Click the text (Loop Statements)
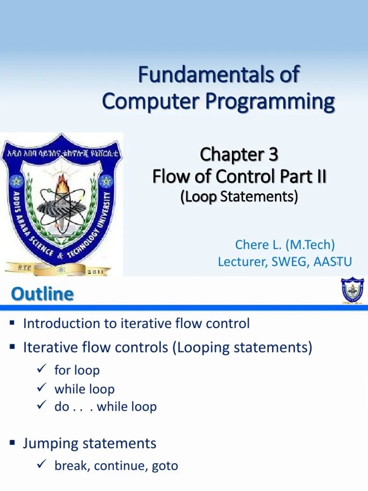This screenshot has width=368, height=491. tap(239, 197)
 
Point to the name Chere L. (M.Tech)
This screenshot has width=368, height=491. tap(285, 245)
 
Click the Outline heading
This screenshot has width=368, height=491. tap(43, 294)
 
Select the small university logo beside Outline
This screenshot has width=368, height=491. tap(352, 291)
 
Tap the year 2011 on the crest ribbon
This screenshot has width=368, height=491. tap(101, 271)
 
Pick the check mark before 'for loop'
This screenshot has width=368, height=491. tap(41, 369)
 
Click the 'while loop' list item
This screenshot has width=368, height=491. tap(84, 389)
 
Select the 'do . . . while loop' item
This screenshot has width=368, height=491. tap(105, 407)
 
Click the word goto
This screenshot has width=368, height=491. tap(164, 465)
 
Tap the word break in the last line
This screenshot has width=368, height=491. tap(70, 465)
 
